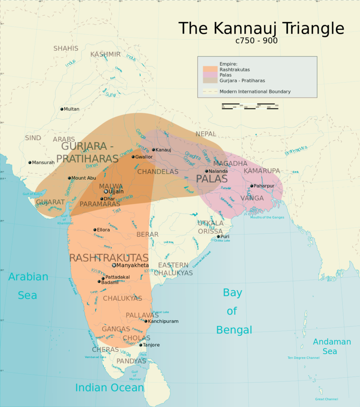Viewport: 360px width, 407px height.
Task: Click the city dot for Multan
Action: (62, 109)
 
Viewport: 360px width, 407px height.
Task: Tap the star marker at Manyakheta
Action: (114, 265)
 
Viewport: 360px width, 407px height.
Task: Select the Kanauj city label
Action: (163, 150)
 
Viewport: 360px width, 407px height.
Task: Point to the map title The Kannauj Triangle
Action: (261, 29)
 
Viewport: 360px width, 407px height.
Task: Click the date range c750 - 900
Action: (256, 41)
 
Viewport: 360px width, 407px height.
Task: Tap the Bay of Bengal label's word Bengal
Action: (234, 330)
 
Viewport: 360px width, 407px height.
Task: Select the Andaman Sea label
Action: (332, 346)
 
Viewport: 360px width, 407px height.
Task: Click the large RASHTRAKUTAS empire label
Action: (109, 258)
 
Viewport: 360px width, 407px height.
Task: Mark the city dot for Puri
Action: (218, 236)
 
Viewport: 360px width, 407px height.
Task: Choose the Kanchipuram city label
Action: (163, 321)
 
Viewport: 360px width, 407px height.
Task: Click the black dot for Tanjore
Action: (141, 345)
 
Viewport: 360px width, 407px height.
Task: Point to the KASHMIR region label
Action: (105, 54)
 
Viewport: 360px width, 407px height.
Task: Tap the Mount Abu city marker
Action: (69, 178)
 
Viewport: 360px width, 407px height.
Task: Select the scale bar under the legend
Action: (250, 107)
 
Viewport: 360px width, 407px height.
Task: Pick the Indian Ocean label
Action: (109, 388)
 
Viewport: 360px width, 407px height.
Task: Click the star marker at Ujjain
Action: (106, 191)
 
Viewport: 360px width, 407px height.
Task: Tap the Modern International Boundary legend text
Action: (255, 91)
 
